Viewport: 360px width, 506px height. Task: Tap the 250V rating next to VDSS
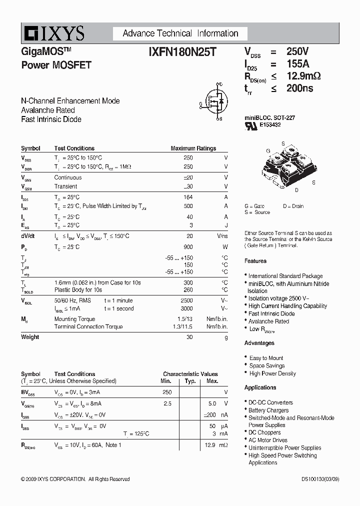click(297, 51)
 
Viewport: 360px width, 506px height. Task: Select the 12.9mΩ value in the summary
click(303, 76)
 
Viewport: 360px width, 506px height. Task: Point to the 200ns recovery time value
click(299, 88)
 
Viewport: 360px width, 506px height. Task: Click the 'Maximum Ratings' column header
click(193, 148)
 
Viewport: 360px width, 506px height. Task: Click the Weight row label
click(30, 337)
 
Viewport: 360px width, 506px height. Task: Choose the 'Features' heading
click(255, 261)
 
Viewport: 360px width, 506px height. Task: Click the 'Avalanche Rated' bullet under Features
click(268, 321)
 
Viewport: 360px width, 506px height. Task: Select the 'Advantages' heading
click(259, 343)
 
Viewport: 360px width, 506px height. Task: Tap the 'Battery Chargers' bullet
click(268, 410)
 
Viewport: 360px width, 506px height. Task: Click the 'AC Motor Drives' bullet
click(268, 440)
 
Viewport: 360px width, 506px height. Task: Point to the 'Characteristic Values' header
click(190, 374)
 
